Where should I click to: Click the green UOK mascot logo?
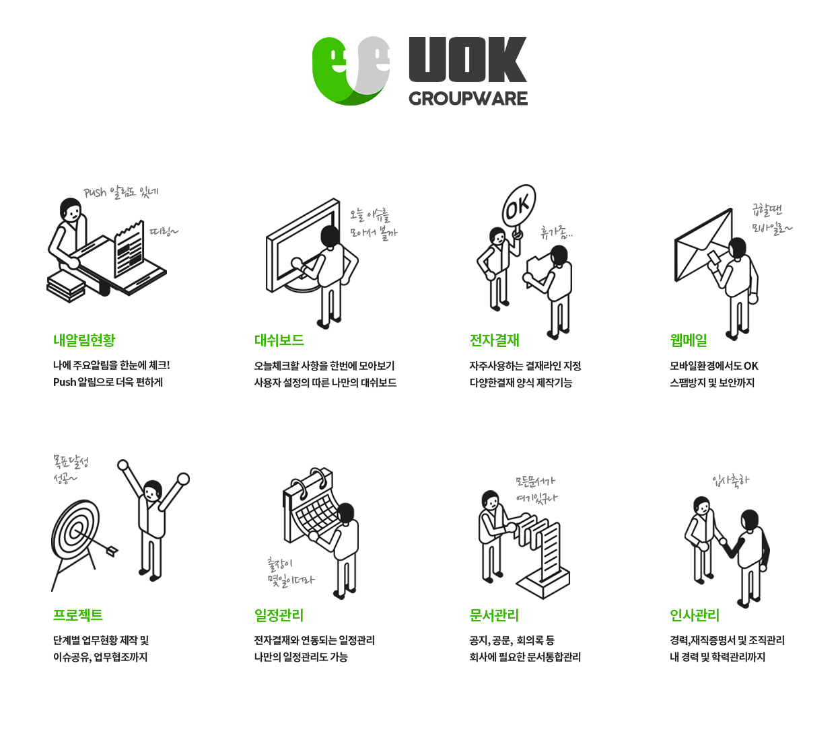[351, 71]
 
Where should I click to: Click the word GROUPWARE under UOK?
[468, 99]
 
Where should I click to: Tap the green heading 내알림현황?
[84, 340]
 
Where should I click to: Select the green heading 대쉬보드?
[279, 340]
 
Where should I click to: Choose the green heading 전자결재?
[494, 340]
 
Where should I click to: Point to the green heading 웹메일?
[689, 340]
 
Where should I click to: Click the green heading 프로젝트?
[77, 615]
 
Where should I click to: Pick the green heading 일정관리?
[279, 615]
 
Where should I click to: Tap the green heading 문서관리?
[494, 615]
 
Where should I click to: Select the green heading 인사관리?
[695, 615]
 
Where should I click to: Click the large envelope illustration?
[702, 244]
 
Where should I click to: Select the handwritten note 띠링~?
[164, 231]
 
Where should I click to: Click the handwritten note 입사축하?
[730, 481]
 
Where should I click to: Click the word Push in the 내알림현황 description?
[65, 382]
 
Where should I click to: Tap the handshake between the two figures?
[723, 542]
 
